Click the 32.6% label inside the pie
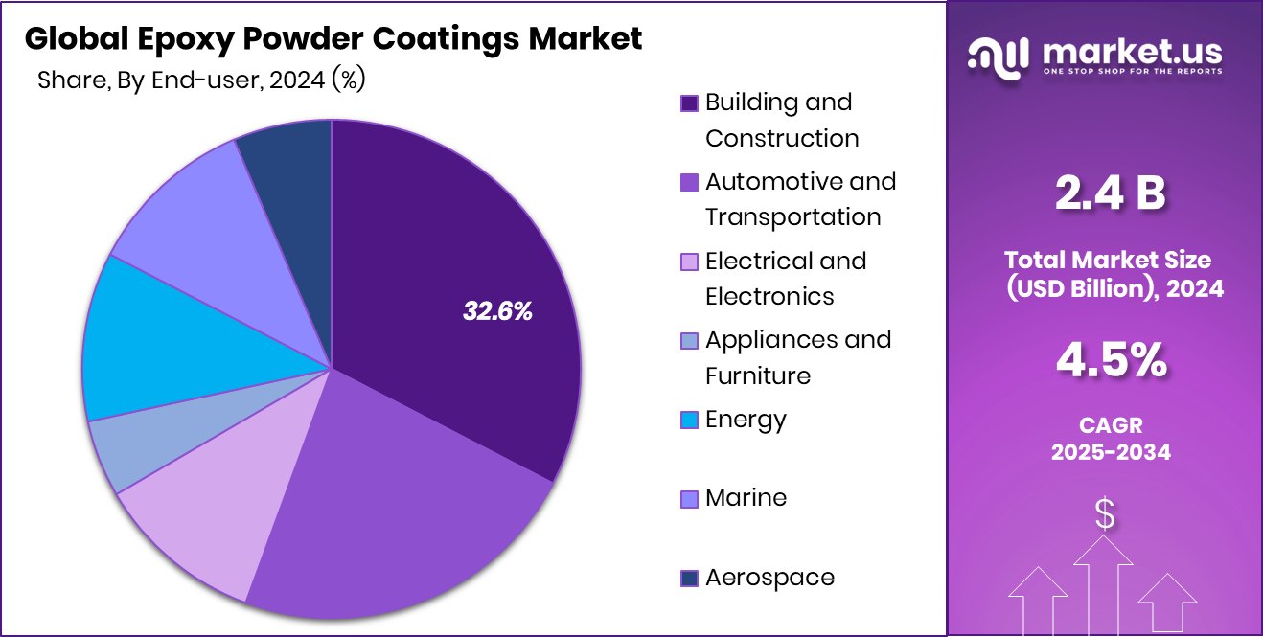(x=497, y=310)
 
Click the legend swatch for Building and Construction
(x=689, y=103)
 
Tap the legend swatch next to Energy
(x=689, y=421)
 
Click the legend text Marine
(x=746, y=498)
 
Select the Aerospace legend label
(x=769, y=578)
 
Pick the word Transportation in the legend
(x=792, y=217)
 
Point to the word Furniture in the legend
(x=757, y=375)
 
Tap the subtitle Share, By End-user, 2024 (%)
(x=201, y=80)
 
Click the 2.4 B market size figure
(x=1110, y=194)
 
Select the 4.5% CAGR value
(x=1111, y=362)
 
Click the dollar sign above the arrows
(x=1105, y=514)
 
